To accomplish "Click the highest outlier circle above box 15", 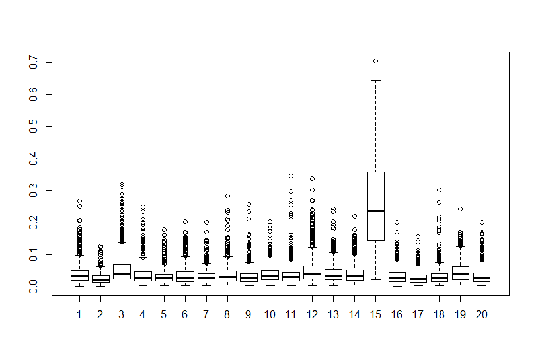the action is click(375, 61).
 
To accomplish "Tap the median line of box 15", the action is click(375, 211).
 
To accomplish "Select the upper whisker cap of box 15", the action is click(375, 81).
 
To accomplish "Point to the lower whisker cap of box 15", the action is click(375, 279).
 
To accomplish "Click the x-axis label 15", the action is click(375, 314).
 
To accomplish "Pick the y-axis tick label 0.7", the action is click(34, 63).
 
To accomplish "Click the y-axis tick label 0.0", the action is click(34, 287).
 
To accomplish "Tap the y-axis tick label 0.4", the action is click(34, 159).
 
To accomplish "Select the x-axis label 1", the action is click(79, 314).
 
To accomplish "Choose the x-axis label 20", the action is click(482, 314).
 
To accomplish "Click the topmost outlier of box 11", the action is click(291, 176).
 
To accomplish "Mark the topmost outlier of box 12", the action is click(312, 178).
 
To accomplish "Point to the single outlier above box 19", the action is click(461, 209).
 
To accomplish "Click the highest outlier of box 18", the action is click(440, 190).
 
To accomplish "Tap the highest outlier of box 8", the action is click(227, 196).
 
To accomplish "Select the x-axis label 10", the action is click(270, 314).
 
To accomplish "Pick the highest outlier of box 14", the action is click(354, 216).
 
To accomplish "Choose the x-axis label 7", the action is click(206, 314).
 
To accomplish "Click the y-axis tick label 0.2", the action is click(34, 223).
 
